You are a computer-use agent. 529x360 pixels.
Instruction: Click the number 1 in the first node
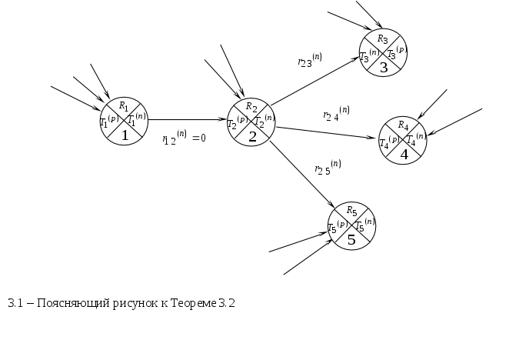point(124,136)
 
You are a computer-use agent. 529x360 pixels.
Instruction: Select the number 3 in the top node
point(383,68)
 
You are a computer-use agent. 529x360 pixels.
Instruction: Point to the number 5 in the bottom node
point(351,239)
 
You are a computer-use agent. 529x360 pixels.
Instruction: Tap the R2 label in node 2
point(251,107)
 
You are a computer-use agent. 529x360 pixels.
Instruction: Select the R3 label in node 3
point(383,38)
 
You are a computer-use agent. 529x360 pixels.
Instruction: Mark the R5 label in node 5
point(351,210)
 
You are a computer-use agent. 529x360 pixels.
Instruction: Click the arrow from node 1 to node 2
point(188,120)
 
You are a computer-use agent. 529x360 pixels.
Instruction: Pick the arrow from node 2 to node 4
point(327,132)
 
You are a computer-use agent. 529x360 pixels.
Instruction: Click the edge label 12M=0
point(185,138)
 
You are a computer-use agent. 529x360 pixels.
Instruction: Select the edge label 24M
point(337,114)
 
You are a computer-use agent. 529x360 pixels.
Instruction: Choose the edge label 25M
point(328,167)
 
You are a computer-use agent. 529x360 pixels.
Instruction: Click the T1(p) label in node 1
point(108,122)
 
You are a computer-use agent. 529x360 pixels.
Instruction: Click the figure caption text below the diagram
point(120,303)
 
